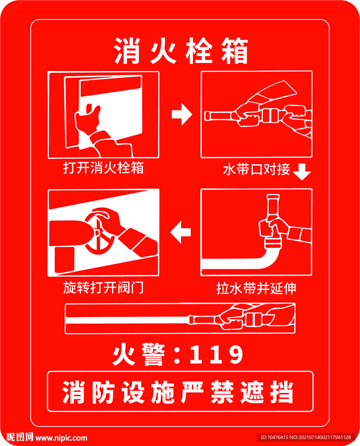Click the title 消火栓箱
click(x=180, y=52)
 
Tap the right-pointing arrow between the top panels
click(x=181, y=115)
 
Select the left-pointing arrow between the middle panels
click(x=180, y=233)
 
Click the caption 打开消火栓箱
click(x=103, y=168)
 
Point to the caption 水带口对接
click(x=256, y=169)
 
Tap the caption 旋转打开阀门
click(x=103, y=288)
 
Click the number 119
click(x=217, y=355)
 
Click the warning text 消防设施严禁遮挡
click(x=180, y=392)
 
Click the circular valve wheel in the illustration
click(x=99, y=233)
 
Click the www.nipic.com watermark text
click(x=61, y=438)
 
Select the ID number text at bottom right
click(x=306, y=437)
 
